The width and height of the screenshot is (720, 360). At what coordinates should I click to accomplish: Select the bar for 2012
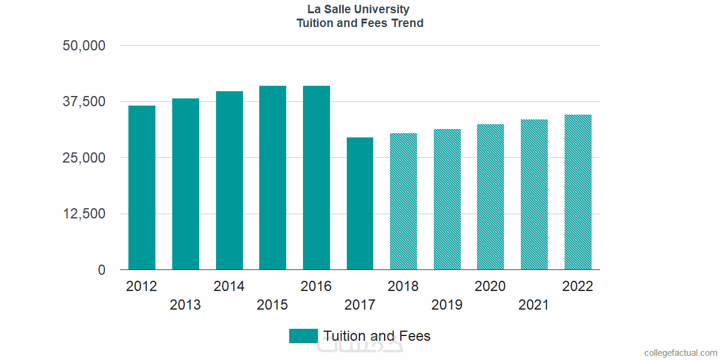tap(142, 188)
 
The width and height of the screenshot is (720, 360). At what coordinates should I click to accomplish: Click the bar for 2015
tap(272, 178)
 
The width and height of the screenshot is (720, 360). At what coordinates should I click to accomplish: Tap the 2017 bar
tap(360, 203)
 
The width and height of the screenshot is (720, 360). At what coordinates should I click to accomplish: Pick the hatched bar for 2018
tap(403, 202)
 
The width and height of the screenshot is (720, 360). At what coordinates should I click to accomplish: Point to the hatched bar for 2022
tap(578, 192)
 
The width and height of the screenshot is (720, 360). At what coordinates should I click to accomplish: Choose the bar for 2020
tap(490, 197)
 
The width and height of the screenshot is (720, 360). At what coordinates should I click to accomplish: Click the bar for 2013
tap(185, 184)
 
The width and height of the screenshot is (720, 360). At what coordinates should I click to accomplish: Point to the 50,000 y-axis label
tap(84, 46)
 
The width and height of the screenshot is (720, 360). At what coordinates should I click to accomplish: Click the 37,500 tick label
tap(84, 101)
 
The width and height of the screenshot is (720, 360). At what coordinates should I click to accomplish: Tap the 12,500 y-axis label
tap(84, 214)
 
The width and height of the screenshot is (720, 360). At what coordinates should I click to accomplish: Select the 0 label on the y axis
tap(102, 271)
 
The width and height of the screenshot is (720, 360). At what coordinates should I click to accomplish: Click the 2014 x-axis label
tap(229, 286)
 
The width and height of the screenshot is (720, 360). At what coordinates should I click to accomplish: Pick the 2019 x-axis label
tap(447, 305)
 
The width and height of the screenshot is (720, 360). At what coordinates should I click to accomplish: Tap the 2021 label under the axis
tap(534, 305)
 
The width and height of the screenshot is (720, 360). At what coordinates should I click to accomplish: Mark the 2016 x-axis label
tap(316, 286)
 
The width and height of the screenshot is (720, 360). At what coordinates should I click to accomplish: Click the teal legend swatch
tap(303, 336)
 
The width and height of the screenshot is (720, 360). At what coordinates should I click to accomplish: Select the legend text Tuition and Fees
tap(377, 336)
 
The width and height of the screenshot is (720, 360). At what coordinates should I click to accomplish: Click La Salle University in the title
tap(359, 10)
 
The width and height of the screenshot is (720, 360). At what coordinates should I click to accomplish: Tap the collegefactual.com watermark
tap(680, 353)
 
